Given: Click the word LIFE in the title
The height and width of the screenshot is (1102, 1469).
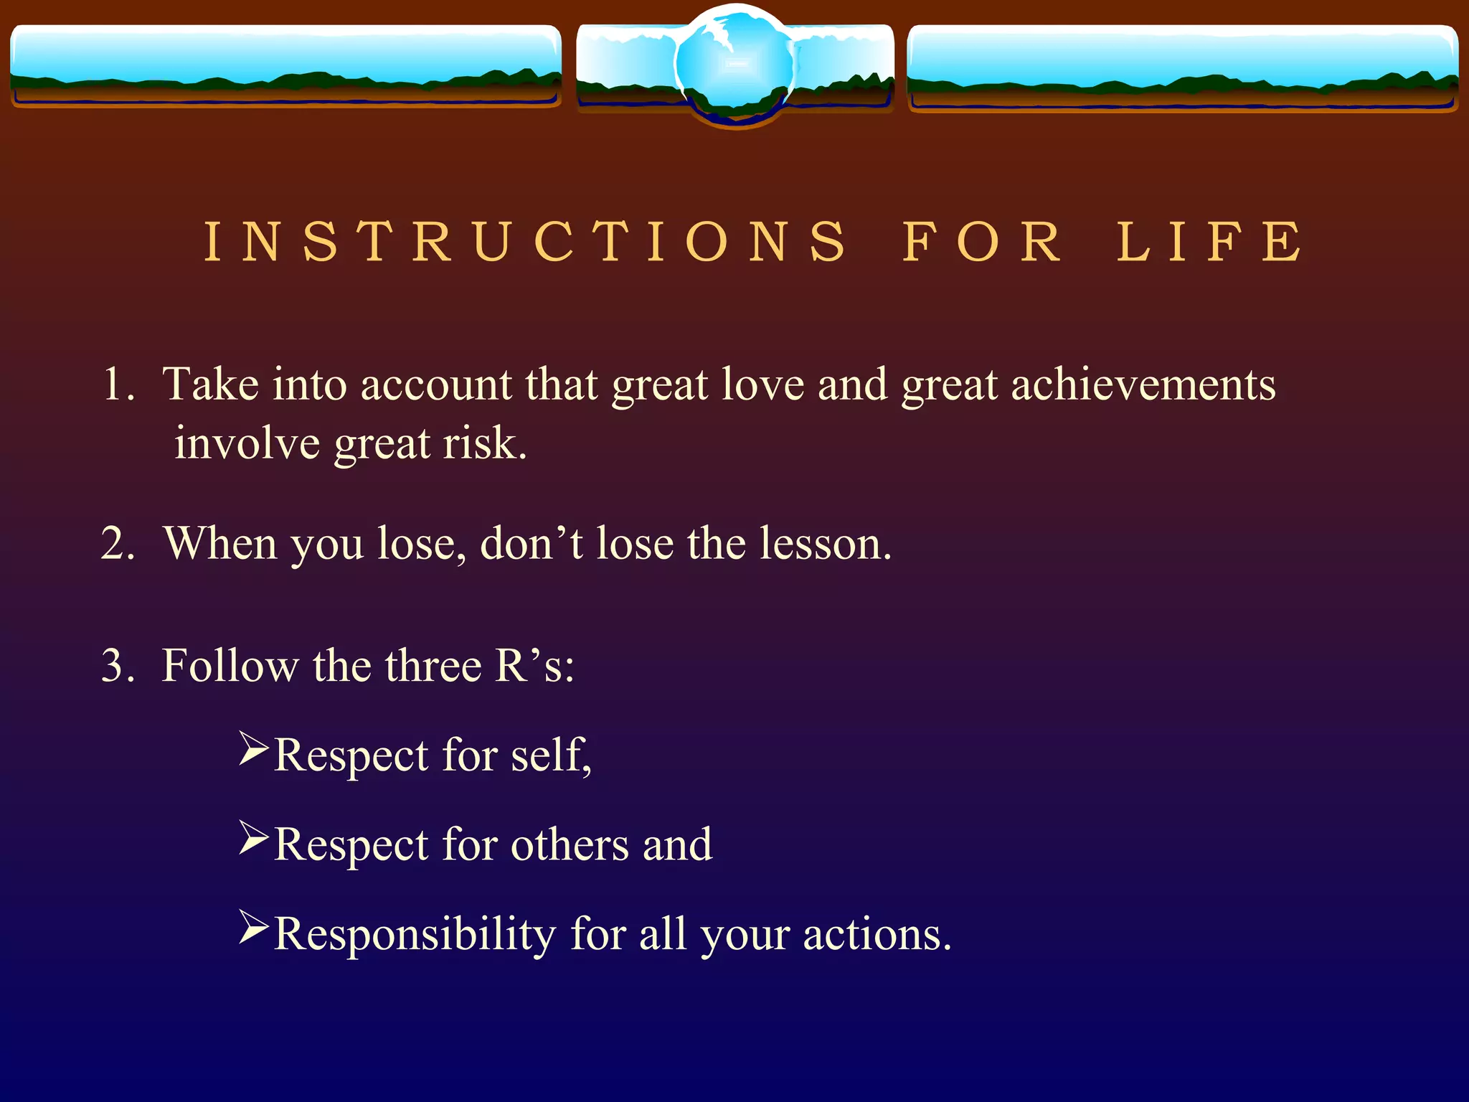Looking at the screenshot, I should coord(1210,242).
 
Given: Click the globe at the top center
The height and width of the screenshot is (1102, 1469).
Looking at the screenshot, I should coord(735,65).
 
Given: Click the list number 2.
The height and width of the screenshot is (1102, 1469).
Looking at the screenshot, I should coord(118,543).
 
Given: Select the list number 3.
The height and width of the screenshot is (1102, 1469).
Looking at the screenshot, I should coord(118,665).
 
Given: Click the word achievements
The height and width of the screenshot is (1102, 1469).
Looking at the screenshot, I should coord(1143,385).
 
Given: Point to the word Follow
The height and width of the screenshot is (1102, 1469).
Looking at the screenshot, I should coord(230,665).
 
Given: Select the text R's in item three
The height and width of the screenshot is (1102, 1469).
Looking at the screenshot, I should coord(534,665).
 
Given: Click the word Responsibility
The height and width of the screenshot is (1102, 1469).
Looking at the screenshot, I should coord(415,935).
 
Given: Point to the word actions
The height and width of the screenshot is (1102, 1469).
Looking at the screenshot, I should coord(877,935).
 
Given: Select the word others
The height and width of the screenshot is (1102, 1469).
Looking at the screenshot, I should coord(570,844).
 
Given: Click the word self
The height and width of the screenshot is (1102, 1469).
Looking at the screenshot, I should coord(550,755).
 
